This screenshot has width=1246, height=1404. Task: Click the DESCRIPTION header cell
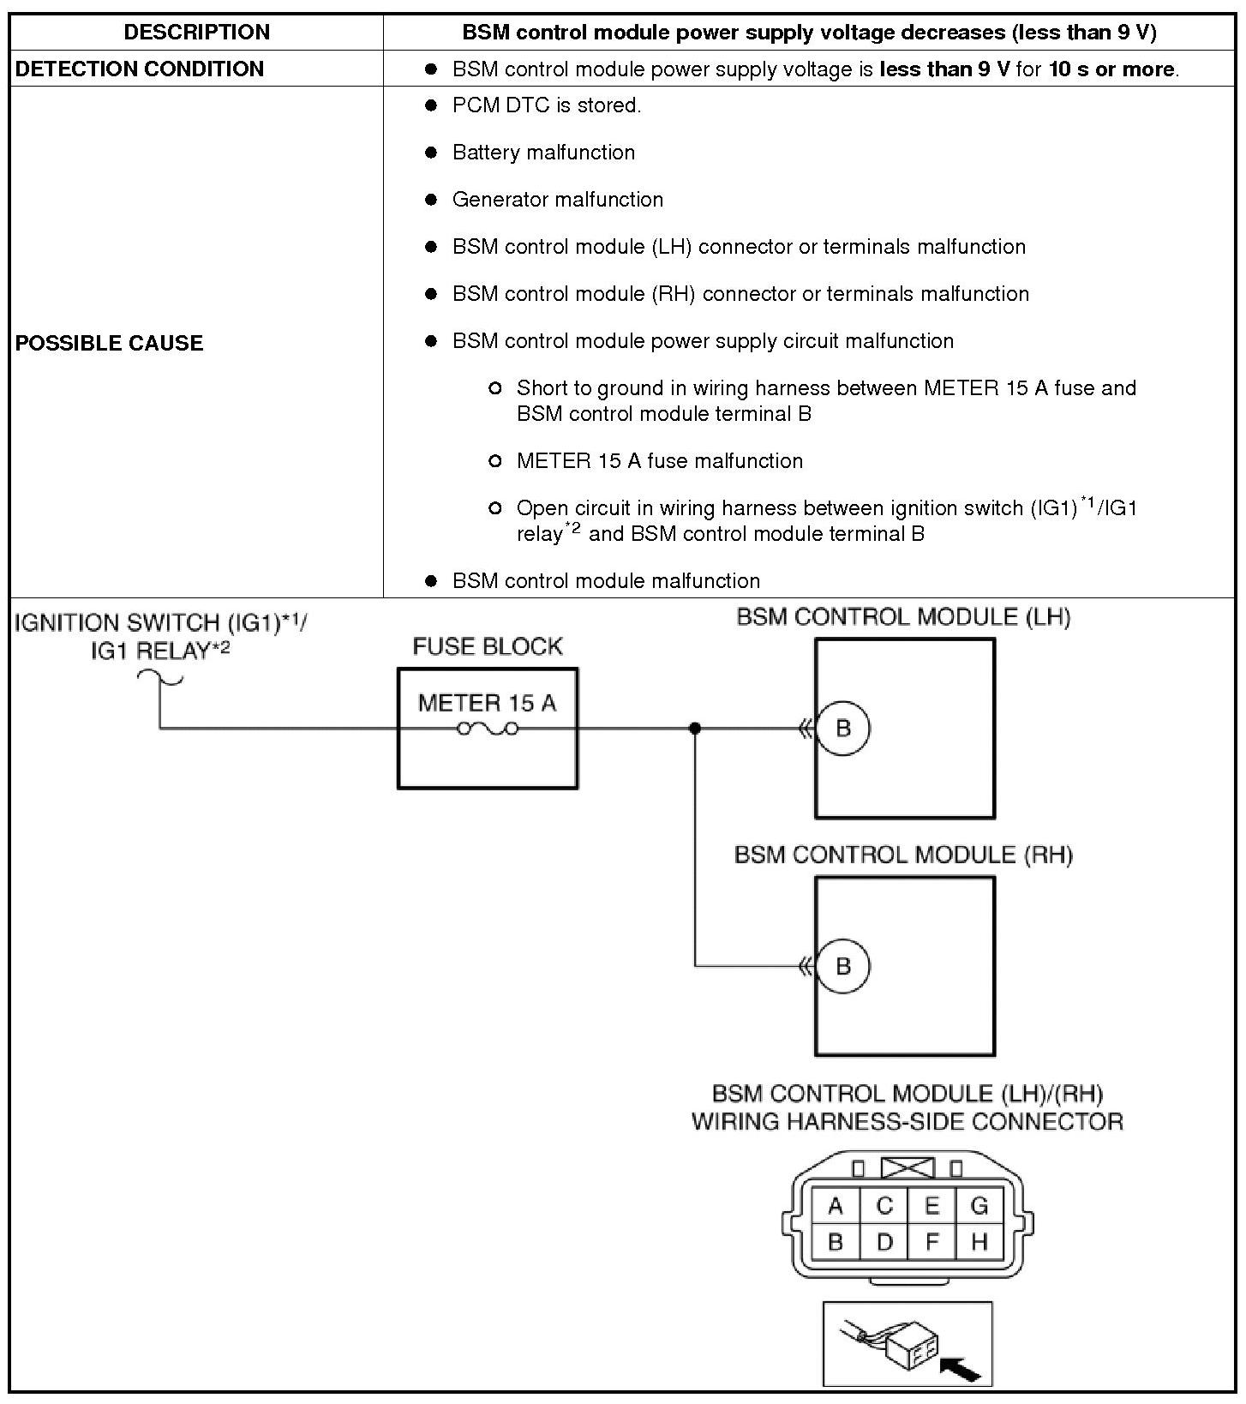tap(196, 33)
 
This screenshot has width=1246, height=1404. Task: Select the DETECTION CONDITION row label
tap(140, 69)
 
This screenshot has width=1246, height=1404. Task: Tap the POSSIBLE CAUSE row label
tap(110, 343)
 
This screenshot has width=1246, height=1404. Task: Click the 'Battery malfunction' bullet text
tap(543, 153)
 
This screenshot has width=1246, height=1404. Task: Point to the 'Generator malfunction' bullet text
tap(557, 200)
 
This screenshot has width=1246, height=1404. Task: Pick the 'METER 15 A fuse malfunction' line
tap(659, 461)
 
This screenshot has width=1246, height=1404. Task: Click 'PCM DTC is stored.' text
tap(546, 105)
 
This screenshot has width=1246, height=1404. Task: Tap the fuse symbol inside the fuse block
tap(488, 729)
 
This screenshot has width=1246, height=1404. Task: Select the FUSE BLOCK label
tap(488, 646)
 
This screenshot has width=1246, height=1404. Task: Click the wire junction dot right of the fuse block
tap(695, 729)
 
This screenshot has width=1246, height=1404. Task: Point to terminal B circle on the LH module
tap(843, 729)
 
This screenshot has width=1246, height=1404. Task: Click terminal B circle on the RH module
tap(843, 966)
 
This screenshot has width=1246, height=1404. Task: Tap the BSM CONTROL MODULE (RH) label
tap(903, 855)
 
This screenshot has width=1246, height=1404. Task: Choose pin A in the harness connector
tap(836, 1206)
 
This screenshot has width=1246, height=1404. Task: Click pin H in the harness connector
tap(979, 1241)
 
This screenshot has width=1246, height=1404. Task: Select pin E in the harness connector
tap(932, 1206)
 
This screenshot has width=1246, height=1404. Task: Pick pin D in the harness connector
tap(884, 1241)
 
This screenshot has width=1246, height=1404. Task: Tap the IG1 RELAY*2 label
tap(160, 651)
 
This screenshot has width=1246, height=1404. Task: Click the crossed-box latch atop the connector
tap(908, 1167)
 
